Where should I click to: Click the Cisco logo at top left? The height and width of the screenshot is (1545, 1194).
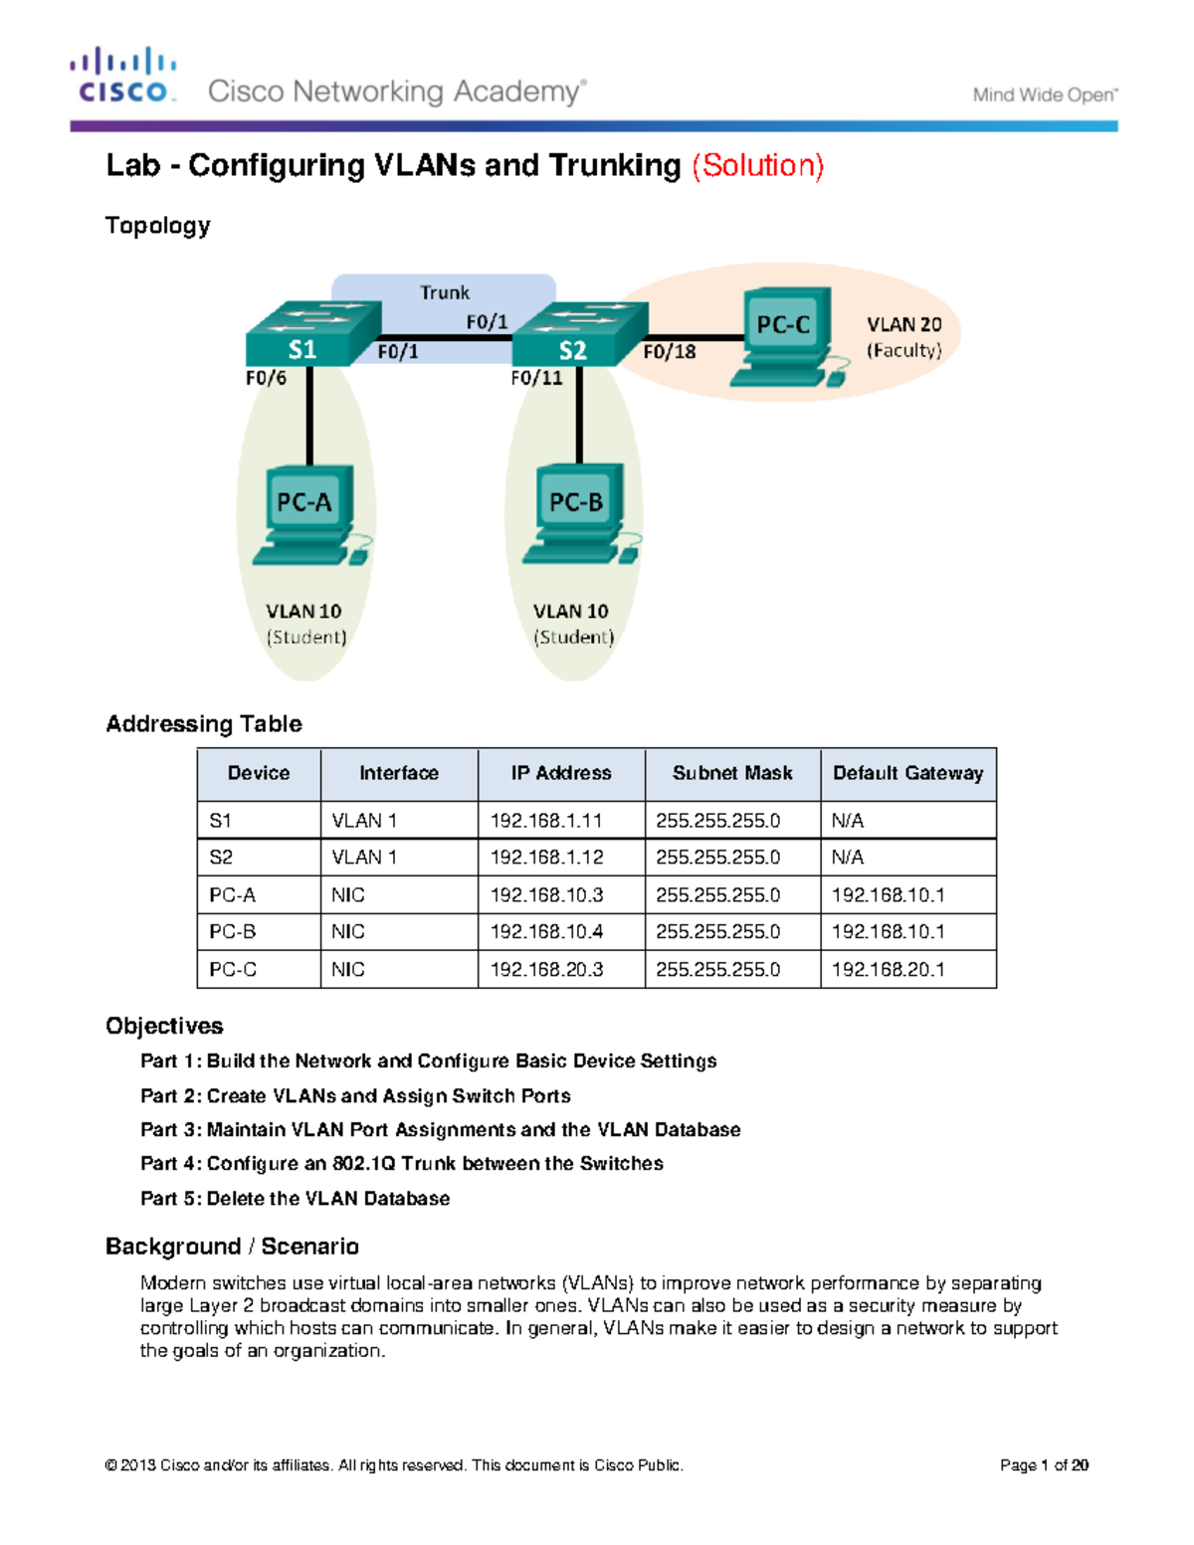123,76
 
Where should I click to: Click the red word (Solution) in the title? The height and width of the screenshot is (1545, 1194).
758,165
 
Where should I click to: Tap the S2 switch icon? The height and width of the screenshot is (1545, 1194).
580,334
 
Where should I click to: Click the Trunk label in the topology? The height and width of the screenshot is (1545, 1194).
444,292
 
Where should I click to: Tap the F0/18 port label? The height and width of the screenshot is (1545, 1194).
669,352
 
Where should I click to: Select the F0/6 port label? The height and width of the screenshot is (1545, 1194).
266,378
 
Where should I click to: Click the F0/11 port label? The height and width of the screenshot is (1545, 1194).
536,378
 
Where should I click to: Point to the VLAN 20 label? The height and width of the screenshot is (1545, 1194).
903,325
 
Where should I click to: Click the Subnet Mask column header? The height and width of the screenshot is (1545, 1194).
732,773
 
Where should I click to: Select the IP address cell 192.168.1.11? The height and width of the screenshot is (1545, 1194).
546,821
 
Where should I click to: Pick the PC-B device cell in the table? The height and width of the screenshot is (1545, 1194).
233,932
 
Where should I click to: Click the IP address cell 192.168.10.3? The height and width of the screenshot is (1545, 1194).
546,895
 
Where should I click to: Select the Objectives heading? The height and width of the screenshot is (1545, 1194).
164,1026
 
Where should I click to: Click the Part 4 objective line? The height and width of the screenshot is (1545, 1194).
401,1163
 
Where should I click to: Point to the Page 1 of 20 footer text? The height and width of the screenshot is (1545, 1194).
1044,1465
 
